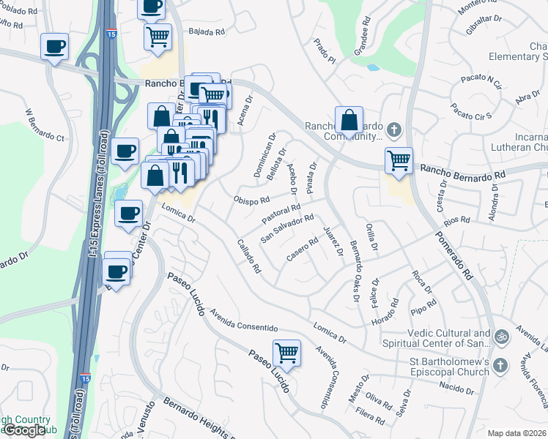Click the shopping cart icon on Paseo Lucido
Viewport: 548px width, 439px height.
[286, 353]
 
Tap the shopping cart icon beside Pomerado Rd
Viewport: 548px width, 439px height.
[399, 160]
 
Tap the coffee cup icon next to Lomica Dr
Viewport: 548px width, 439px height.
[129, 213]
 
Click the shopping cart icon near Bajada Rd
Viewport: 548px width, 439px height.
[158, 36]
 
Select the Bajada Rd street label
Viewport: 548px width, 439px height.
[205, 32]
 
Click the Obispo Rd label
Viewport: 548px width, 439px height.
[251, 200]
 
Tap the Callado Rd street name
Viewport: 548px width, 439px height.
[249, 256]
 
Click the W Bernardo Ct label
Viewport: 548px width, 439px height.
[45, 125]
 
